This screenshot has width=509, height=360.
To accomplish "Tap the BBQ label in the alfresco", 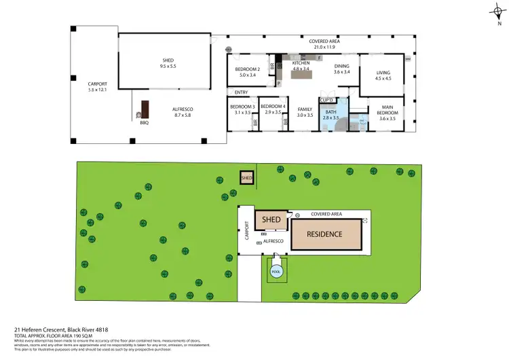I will coord(144,123).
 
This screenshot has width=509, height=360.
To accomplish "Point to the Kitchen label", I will coord(300,65).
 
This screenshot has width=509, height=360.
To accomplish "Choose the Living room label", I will coord(383,75).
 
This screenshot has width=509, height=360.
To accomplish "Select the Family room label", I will coord(305,112).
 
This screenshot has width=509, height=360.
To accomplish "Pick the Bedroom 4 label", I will coord(273,107).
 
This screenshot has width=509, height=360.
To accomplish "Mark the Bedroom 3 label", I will coord(242,107).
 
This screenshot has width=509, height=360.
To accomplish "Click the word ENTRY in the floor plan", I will coord(241,92).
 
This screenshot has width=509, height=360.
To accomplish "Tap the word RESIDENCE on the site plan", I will coord(324,234).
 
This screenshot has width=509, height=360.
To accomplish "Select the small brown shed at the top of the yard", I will coord(246,178).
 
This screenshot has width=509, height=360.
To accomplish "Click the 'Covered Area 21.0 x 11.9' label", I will coord(324,44).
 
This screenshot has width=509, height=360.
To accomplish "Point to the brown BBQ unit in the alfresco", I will coord(144,109).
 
